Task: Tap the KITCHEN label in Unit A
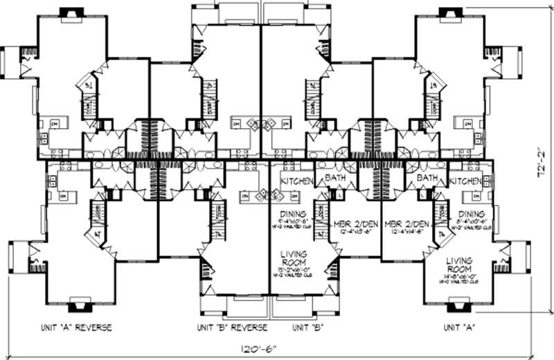pos(465,181)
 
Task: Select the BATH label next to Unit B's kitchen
pos(335,179)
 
